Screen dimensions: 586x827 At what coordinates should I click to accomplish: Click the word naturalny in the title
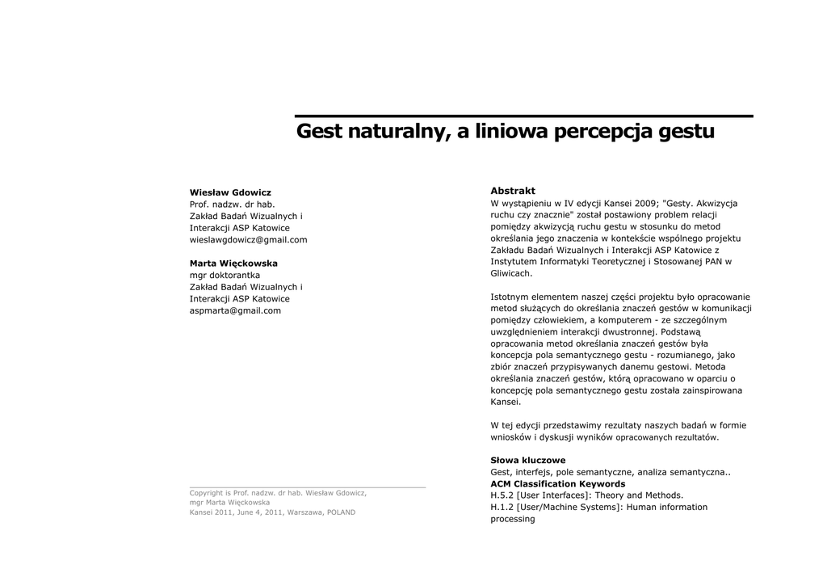[x=397, y=131]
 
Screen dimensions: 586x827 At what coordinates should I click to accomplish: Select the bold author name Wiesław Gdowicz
[x=230, y=192]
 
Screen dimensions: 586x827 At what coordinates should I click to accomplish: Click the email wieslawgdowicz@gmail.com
[x=248, y=240]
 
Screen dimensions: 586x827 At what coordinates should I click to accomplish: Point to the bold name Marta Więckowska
[x=233, y=263]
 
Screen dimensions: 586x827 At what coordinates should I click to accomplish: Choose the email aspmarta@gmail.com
[x=235, y=310]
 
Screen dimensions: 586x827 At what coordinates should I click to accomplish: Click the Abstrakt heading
[x=513, y=191]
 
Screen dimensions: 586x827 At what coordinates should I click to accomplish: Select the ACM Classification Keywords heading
[x=557, y=483]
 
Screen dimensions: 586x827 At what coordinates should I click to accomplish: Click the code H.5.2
[x=502, y=495]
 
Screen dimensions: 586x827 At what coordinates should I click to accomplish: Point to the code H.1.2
[x=502, y=507]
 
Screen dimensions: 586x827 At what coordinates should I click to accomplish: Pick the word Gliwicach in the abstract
[x=510, y=273]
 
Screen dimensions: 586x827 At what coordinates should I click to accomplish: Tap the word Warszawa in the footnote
[x=304, y=512]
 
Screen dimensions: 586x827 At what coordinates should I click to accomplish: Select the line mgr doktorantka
[x=225, y=276]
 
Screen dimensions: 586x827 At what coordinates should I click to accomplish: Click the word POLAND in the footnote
[x=341, y=512]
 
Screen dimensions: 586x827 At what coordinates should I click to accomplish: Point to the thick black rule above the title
[x=523, y=116]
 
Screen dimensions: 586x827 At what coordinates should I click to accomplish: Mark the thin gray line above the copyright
[x=307, y=487]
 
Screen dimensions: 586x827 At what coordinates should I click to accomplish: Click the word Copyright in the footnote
[x=206, y=493]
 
